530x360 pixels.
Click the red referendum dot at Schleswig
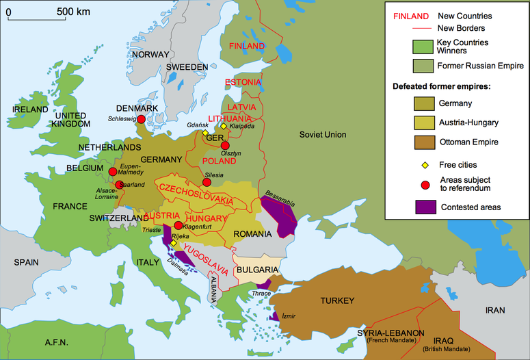pyautogui.click(x=141, y=120)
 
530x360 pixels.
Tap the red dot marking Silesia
pyautogui.click(x=207, y=182)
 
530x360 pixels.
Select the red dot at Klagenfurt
pyautogui.click(x=178, y=226)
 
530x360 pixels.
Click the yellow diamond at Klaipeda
pyautogui.click(x=223, y=126)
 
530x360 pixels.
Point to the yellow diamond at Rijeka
pyautogui.click(x=173, y=243)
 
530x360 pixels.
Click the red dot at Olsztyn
pyautogui.click(x=225, y=145)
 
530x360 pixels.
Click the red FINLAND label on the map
pyautogui.click(x=246, y=46)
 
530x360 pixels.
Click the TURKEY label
pyautogui.click(x=336, y=301)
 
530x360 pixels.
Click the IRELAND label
pyautogui.click(x=29, y=110)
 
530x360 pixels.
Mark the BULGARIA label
pyautogui.click(x=258, y=270)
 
